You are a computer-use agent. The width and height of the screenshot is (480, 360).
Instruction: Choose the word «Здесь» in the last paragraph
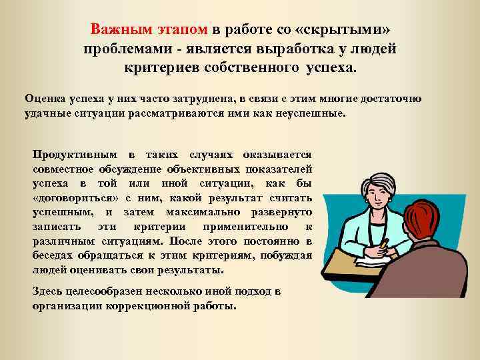pyautogui.click(x=47, y=293)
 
